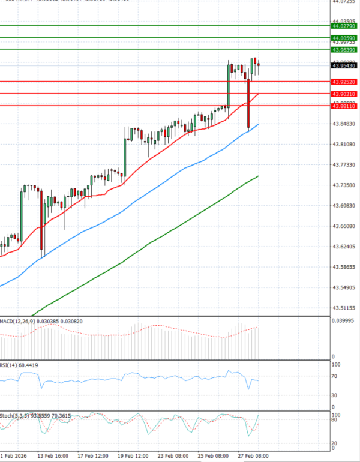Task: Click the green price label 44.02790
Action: tap(344, 26)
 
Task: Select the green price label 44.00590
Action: tap(344, 38)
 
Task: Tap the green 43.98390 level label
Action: tap(344, 50)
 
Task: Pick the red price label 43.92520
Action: tap(344, 82)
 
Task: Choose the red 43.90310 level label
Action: tap(344, 94)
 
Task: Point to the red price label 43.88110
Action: tap(344, 106)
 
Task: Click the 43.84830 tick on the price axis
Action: tap(344, 124)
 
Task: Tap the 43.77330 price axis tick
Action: tap(344, 164)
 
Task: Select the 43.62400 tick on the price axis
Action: tap(344, 247)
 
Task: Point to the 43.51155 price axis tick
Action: tap(344, 308)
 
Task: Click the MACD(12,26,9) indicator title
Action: tap(17, 322)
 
